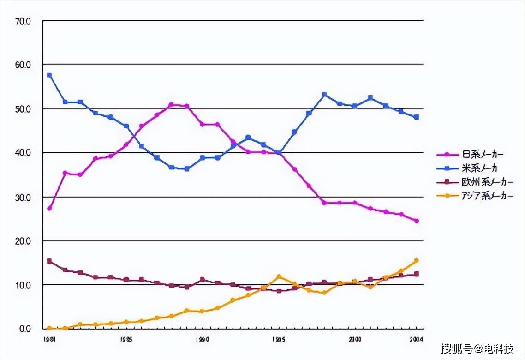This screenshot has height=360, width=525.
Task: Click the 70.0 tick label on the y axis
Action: click(23, 21)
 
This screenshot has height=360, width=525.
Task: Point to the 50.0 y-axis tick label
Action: click(23, 109)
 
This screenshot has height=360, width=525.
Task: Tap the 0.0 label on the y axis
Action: click(24, 329)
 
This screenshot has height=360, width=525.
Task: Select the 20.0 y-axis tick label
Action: click(23, 241)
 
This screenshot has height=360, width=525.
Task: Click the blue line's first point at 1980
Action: click(49, 75)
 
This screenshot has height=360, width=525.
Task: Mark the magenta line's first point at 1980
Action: click(49, 209)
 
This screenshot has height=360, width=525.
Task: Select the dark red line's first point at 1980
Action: click(49, 261)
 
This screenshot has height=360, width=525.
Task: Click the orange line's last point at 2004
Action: click(416, 260)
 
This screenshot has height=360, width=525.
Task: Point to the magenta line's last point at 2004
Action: click(416, 221)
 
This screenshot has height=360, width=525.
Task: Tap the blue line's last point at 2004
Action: click(416, 117)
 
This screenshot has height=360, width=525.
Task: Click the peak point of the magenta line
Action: click(171, 105)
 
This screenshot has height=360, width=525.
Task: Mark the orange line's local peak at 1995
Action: click(279, 276)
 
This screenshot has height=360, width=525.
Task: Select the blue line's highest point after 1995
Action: click(324, 95)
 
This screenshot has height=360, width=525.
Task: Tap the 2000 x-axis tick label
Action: click(355, 338)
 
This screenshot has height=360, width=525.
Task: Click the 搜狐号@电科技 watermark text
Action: click(477, 348)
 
